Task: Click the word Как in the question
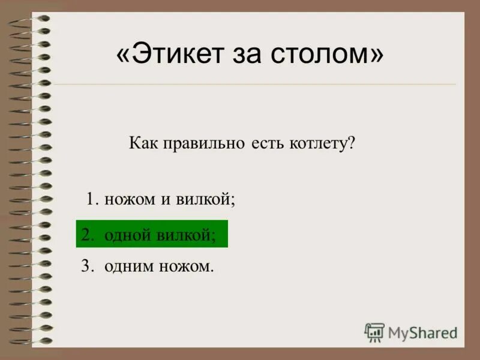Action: click(142, 144)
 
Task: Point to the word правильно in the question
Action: click(200, 144)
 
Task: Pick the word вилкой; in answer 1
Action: click(205, 199)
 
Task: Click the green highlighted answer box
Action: click(152, 234)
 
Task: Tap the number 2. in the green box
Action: click(88, 235)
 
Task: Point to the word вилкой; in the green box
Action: click(186, 235)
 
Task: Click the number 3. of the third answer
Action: click(88, 266)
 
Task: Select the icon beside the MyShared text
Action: click(374, 332)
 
